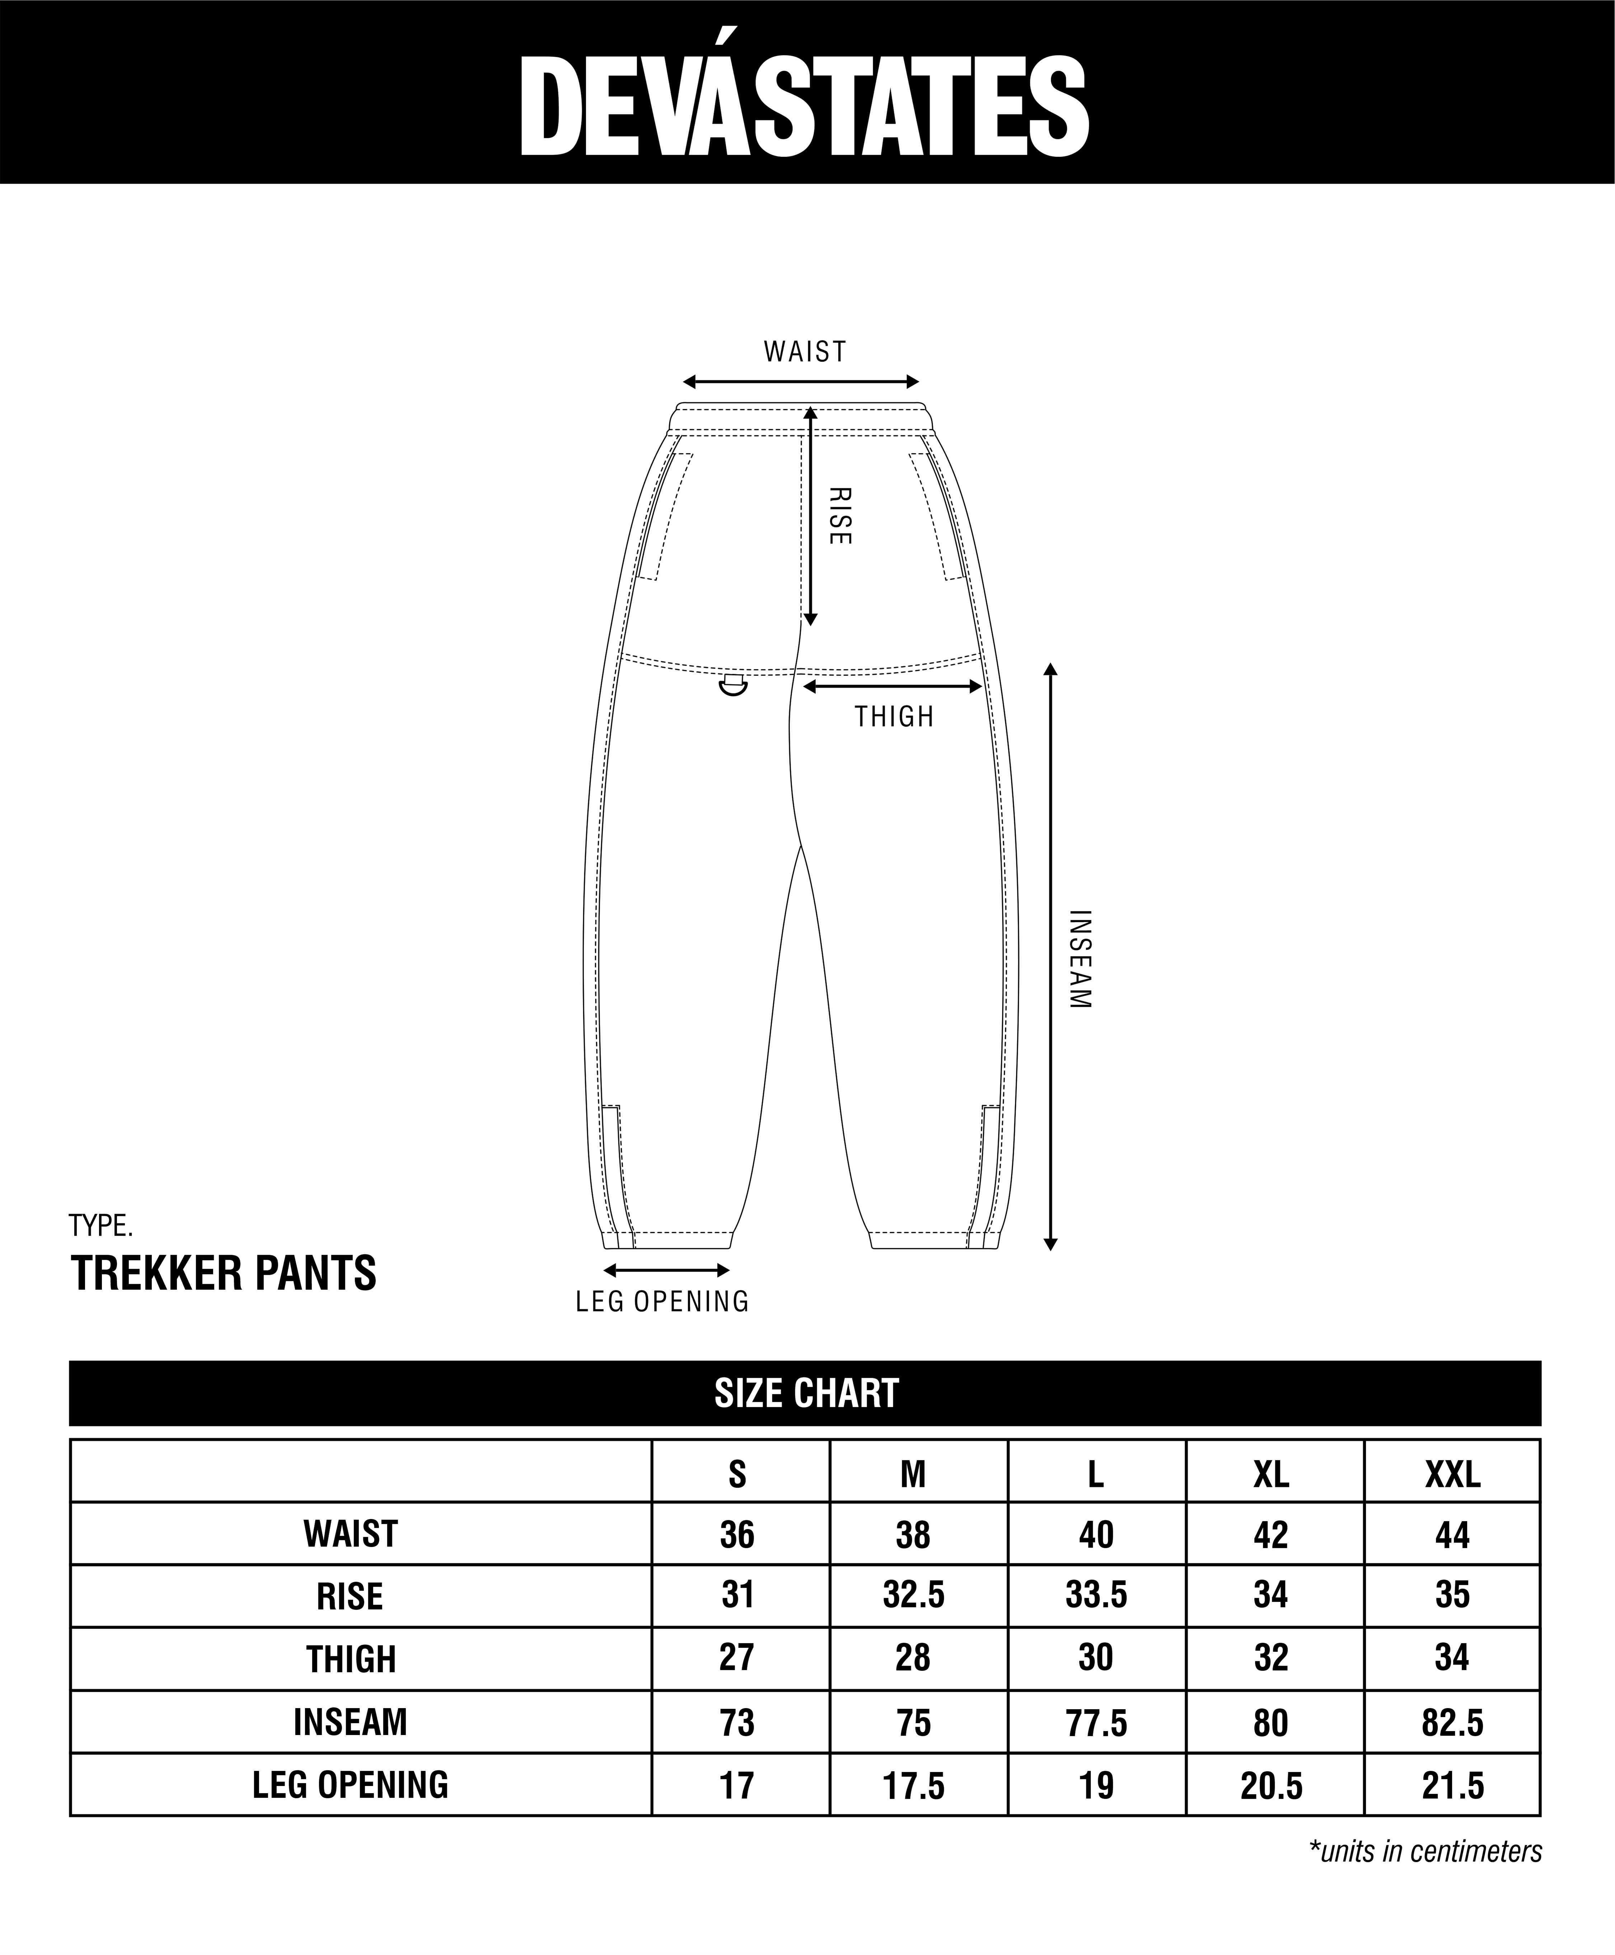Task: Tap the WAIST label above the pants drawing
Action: (x=805, y=352)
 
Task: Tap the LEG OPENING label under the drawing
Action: (x=663, y=1301)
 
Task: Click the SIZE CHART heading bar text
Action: (x=806, y=1393)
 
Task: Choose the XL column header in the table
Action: (x=1271, y=1475)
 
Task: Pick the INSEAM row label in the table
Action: (x=351, y=1722)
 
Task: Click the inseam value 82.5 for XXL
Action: (x=1452, y=1722)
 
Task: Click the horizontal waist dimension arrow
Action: (x=801, y=382)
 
